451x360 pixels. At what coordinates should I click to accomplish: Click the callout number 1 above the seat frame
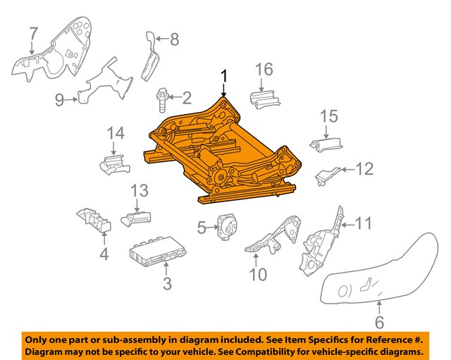[x=224, y=76]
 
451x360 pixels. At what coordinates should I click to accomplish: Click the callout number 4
[x=104, y=252]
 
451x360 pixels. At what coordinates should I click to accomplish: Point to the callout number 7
[x=32, y=32]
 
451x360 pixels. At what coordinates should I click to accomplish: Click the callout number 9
[x=61, y=99]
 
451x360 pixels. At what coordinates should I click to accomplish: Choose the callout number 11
[x=362, y=225]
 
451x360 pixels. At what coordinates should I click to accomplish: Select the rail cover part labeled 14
[x=113, y=164]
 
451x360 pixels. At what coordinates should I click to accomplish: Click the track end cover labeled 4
[x=92, y=221]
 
